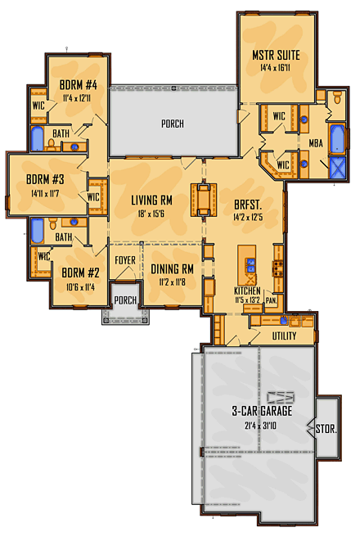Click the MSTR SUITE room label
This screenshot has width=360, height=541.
[x=276, y=56]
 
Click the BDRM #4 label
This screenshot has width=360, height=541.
[x=79, y=83]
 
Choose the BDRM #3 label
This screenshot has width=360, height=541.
[x=44, y=180]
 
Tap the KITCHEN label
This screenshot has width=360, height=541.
[x=248, y=291]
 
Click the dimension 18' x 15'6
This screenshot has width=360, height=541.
[x=151, y=214]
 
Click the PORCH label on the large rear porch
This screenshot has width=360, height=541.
[x=172, y=124]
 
